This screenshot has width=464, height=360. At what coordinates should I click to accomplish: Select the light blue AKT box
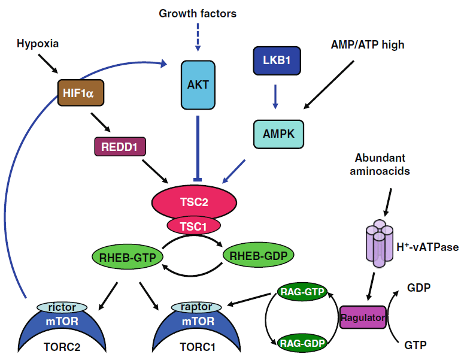click(198, 84)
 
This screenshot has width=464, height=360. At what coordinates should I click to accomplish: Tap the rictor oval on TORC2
click(62, 307)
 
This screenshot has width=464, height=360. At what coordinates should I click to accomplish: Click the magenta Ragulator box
click(362, 317)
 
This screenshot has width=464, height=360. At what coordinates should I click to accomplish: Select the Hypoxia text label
click(38, 44)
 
